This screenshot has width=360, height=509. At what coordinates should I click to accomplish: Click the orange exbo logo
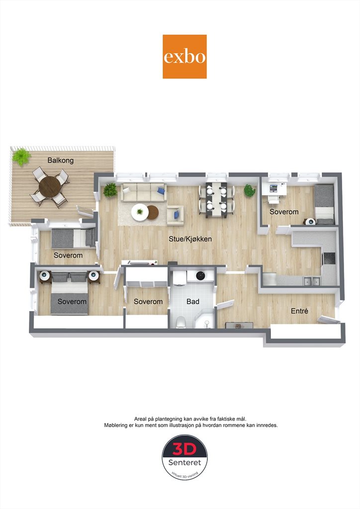pos(184,57)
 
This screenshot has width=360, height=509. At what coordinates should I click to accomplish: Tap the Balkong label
pos(60,161)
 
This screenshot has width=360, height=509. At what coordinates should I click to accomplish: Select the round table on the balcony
pos(50,186)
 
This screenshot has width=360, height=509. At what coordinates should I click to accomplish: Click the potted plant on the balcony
pos(21,157)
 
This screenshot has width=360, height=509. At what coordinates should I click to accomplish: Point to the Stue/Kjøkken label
pos(190,239)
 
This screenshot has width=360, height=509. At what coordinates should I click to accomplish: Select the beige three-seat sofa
pos(144,192)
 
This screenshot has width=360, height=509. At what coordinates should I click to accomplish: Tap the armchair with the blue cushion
pos(176,215)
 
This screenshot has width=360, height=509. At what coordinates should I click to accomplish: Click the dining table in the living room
pos(216,199)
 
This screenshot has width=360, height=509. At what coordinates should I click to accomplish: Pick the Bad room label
pos(193,302)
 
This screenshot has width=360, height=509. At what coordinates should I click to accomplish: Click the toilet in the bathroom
pos(180,323)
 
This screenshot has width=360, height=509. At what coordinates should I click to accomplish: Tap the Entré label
pos(299,311)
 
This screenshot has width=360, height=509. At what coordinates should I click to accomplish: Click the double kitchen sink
pos(311,281)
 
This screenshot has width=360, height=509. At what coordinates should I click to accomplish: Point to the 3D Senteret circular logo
pos(184,458)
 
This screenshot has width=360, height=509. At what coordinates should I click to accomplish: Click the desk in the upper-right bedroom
pos(274,189)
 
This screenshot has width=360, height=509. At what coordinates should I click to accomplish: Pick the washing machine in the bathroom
pos(200,275)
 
